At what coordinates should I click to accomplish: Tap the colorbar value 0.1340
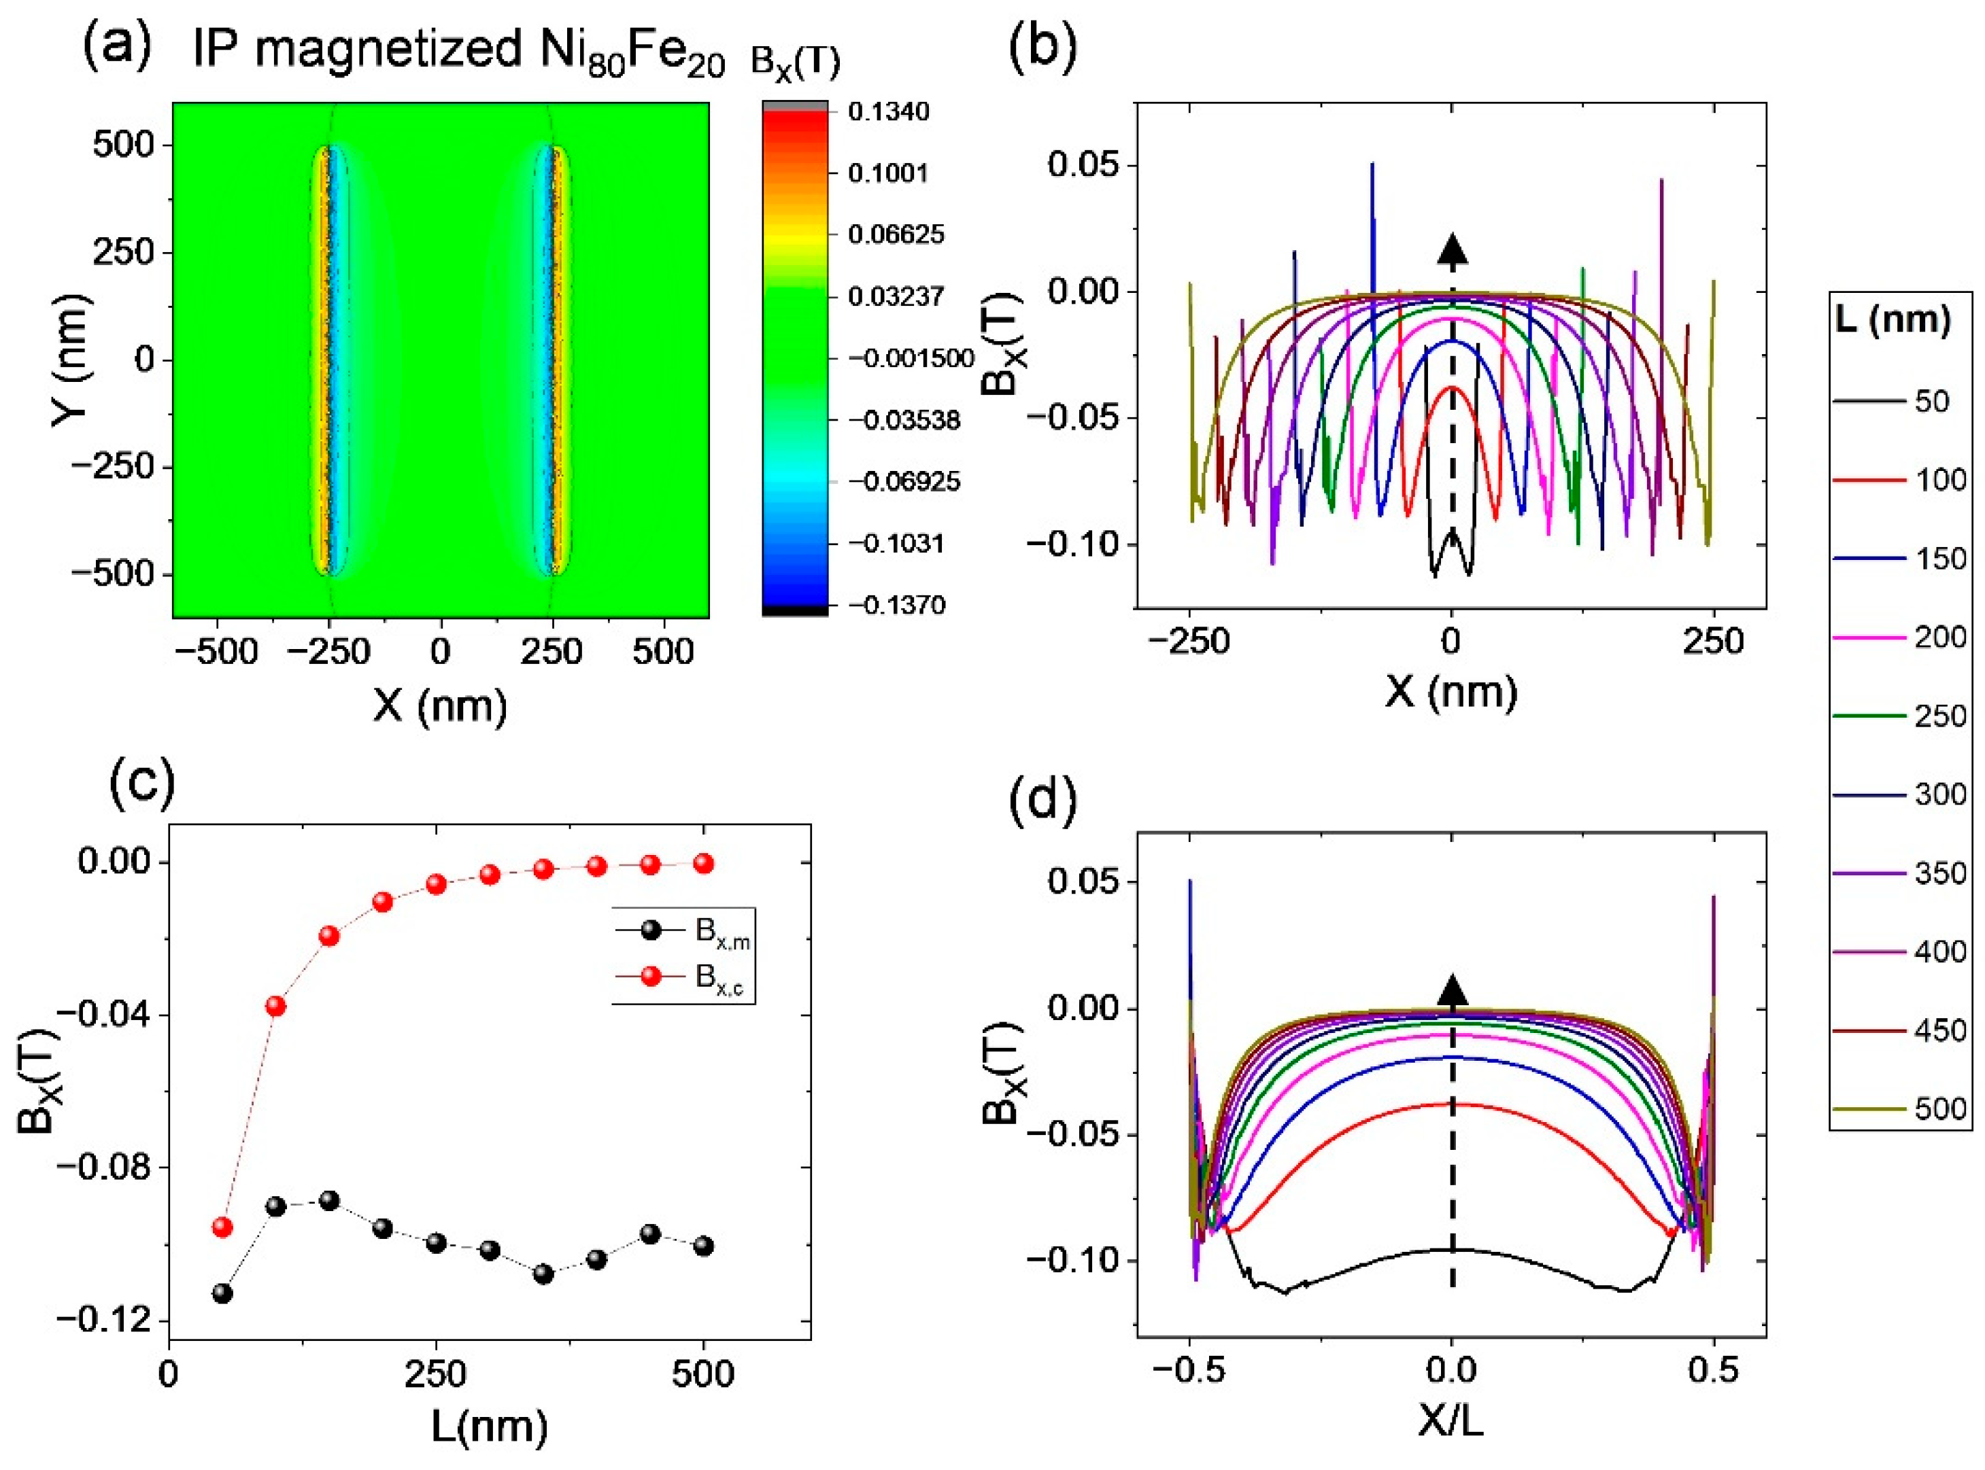click(888, 112)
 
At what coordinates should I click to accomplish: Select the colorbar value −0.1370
click(896, 605)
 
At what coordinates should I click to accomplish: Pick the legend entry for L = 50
click(1897, 402)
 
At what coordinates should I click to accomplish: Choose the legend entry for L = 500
click(1897, 1108)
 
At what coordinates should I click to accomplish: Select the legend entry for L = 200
click(1897, 637)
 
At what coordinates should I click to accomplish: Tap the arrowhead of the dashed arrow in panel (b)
click(1453, 250)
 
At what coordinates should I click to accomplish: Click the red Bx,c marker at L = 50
click(222, 1227)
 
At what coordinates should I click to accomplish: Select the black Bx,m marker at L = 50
click(222, 1293)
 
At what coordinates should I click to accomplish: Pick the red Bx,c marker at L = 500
click(703, 863)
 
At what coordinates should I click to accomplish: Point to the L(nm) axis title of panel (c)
click(490, 1427)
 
